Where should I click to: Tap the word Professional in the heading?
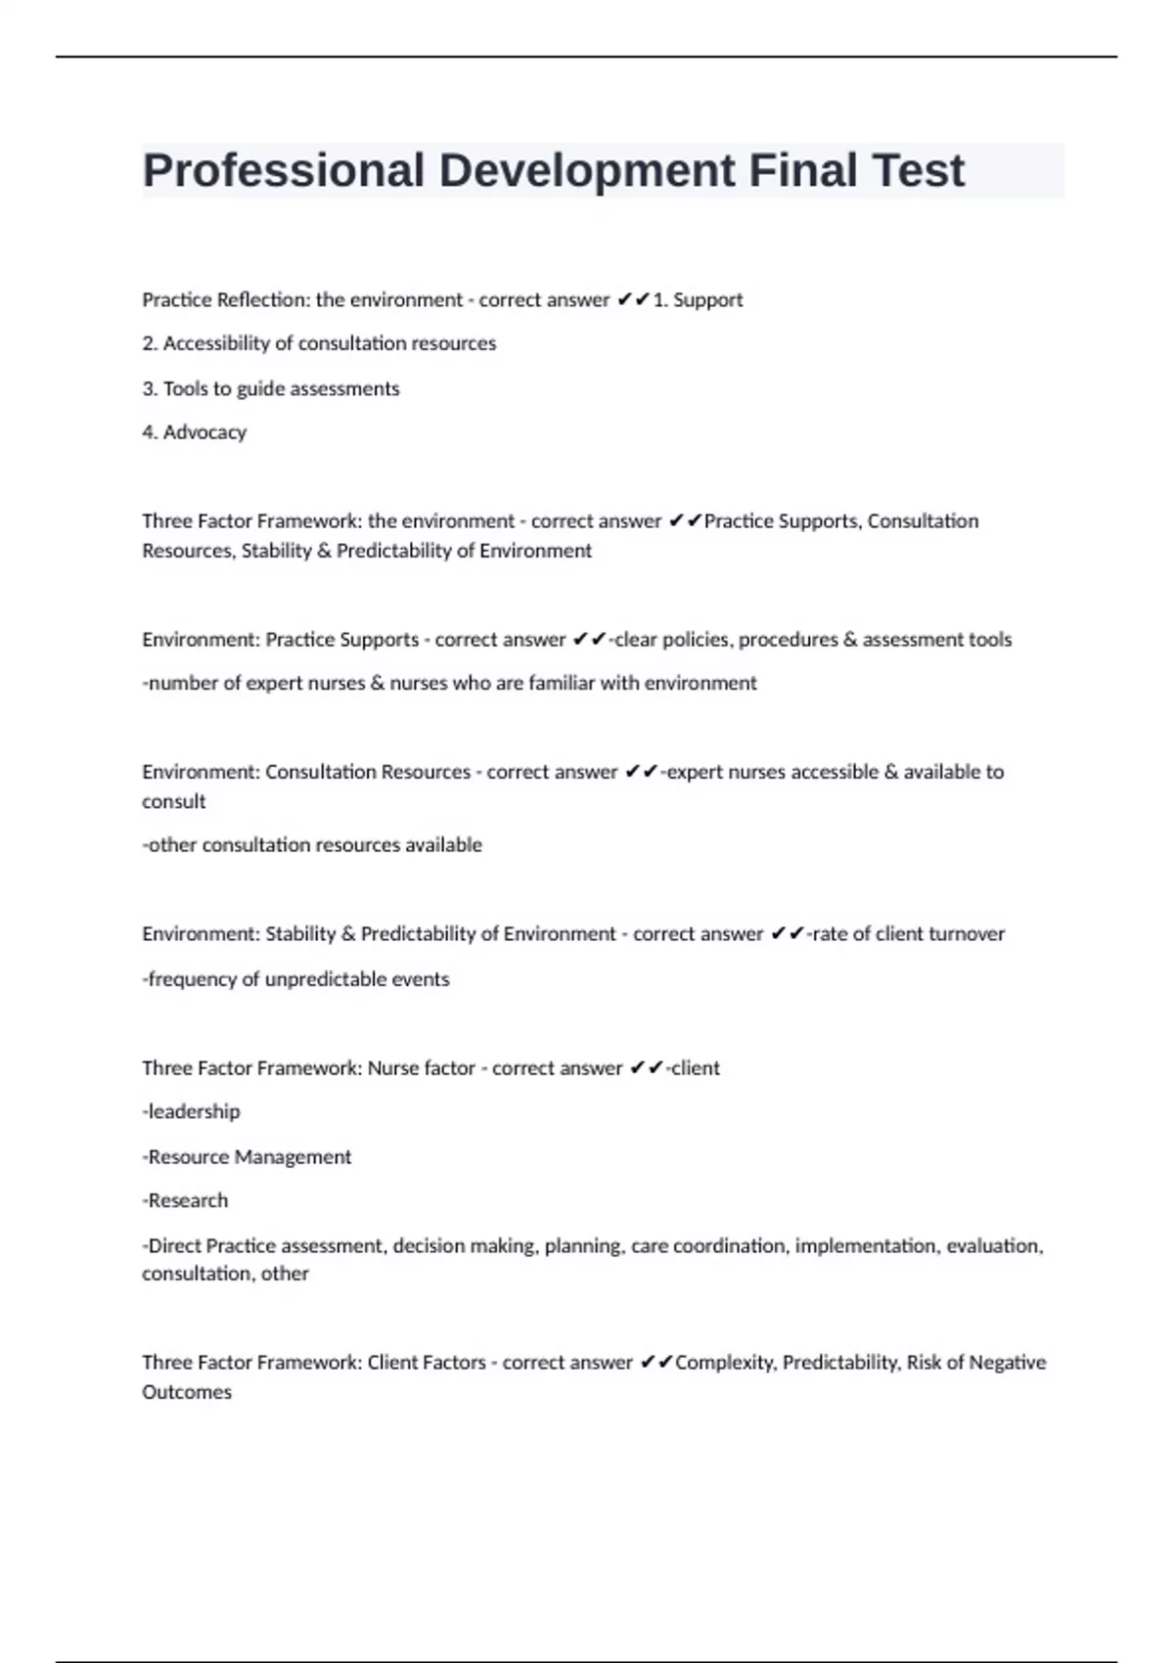pos(283,171)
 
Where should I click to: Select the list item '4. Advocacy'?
pos(194,432)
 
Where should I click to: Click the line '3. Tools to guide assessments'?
pos(270,388)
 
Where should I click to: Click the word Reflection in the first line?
pos(261,300)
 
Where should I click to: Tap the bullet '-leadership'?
pos(191,1112)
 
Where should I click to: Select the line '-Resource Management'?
pos(247,1157)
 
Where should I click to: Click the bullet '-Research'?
pos(185,1200)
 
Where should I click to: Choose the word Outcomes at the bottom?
pos(187,1392)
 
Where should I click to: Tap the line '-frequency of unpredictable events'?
pos(295,979)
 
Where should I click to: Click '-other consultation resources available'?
pos(312,845)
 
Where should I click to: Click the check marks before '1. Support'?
pos(633,300)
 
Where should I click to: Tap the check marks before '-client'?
pos(647,1068)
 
